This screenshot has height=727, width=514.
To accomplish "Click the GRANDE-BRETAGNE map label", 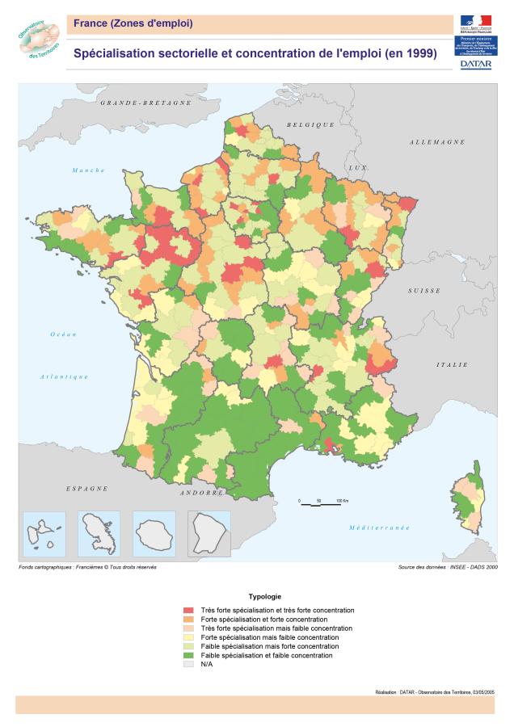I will click(145, 103).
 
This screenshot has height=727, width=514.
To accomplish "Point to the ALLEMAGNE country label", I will click(436, 142).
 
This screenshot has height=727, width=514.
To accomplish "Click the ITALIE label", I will click(452, 365).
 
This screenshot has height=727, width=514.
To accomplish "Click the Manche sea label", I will click(89, 170).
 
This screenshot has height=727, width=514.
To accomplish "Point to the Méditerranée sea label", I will click(379, 527).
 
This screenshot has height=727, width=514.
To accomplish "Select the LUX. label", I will click(357, 167).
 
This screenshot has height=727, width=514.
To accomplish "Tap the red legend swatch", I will click(188, 610).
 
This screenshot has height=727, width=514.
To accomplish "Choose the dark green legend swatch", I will click(188, 655).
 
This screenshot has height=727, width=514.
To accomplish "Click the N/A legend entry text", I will click(208, 664).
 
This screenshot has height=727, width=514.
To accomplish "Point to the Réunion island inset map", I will click(154, 534).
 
